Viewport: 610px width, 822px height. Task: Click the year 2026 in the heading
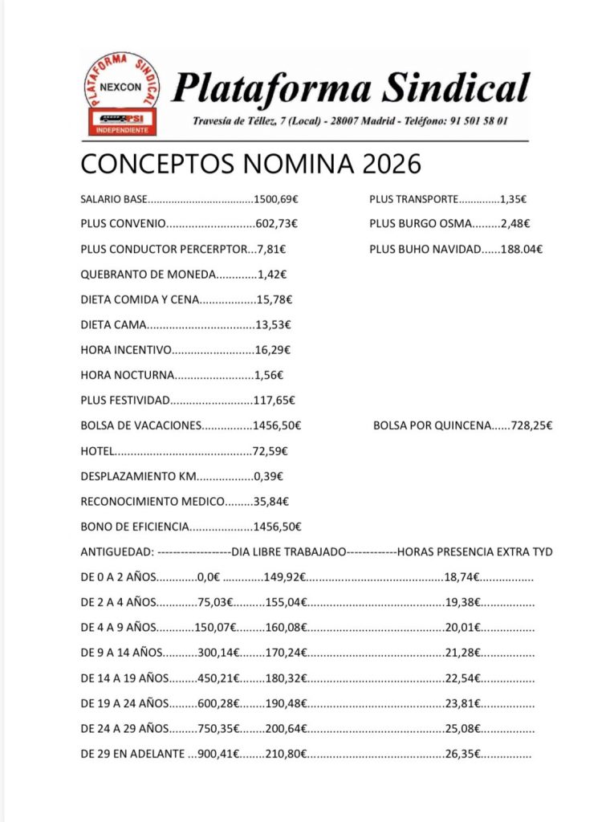[x=391, y=164]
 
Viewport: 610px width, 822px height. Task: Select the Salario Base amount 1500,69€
[x=281, y=199]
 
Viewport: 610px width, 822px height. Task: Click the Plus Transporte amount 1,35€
[x=513, y=199]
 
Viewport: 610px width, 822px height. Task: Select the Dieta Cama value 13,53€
[x=272, y=324]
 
